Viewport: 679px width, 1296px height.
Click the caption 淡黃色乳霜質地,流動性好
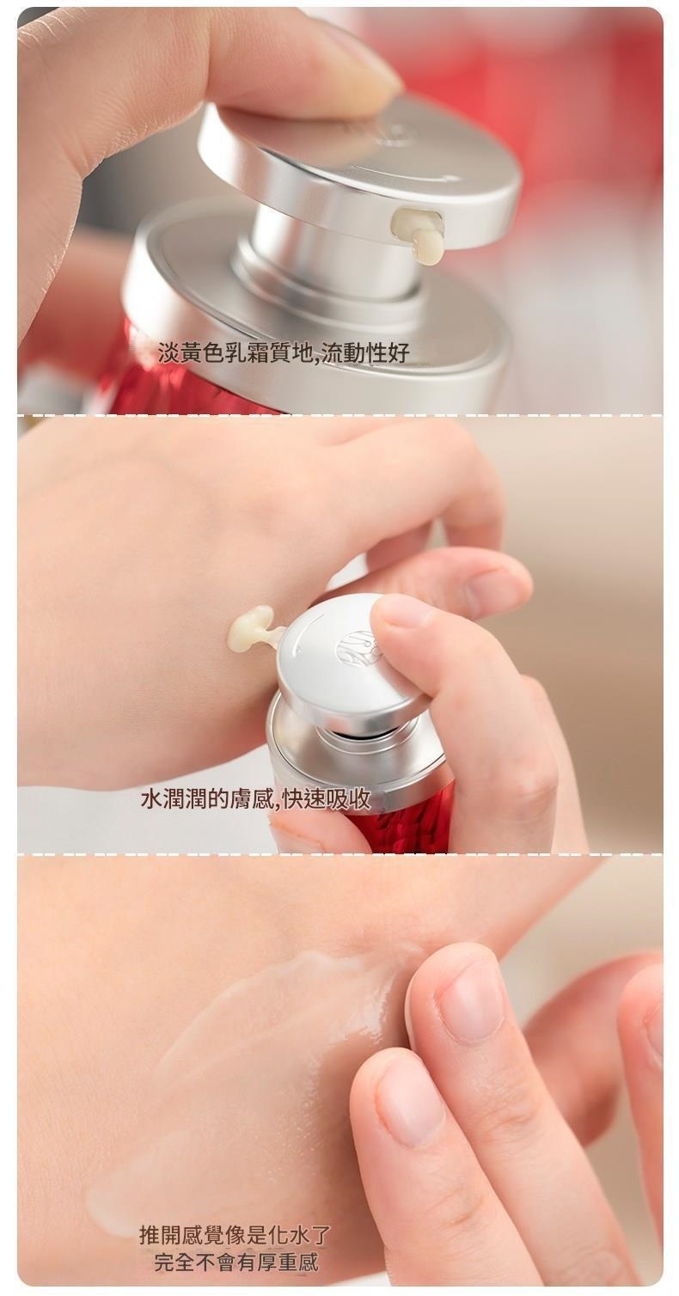tap(284, 352)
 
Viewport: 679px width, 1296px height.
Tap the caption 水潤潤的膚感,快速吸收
tap(255, 799)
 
